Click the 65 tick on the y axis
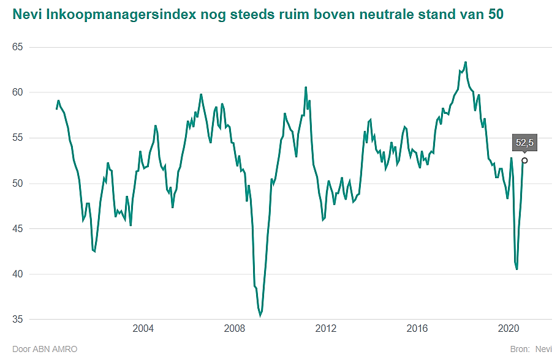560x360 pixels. coord(17,47)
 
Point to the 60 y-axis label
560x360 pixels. coord(17,92)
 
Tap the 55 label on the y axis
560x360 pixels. coord(17,138)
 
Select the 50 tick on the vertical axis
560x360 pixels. coord(17,183)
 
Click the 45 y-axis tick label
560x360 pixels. coord(17,228)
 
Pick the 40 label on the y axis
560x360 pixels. coord(17,274)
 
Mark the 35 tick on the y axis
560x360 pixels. coord(17,319)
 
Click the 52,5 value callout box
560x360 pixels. coord(525,143)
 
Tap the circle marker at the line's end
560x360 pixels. coord(524,160)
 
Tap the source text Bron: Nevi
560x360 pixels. coord(531,349)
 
